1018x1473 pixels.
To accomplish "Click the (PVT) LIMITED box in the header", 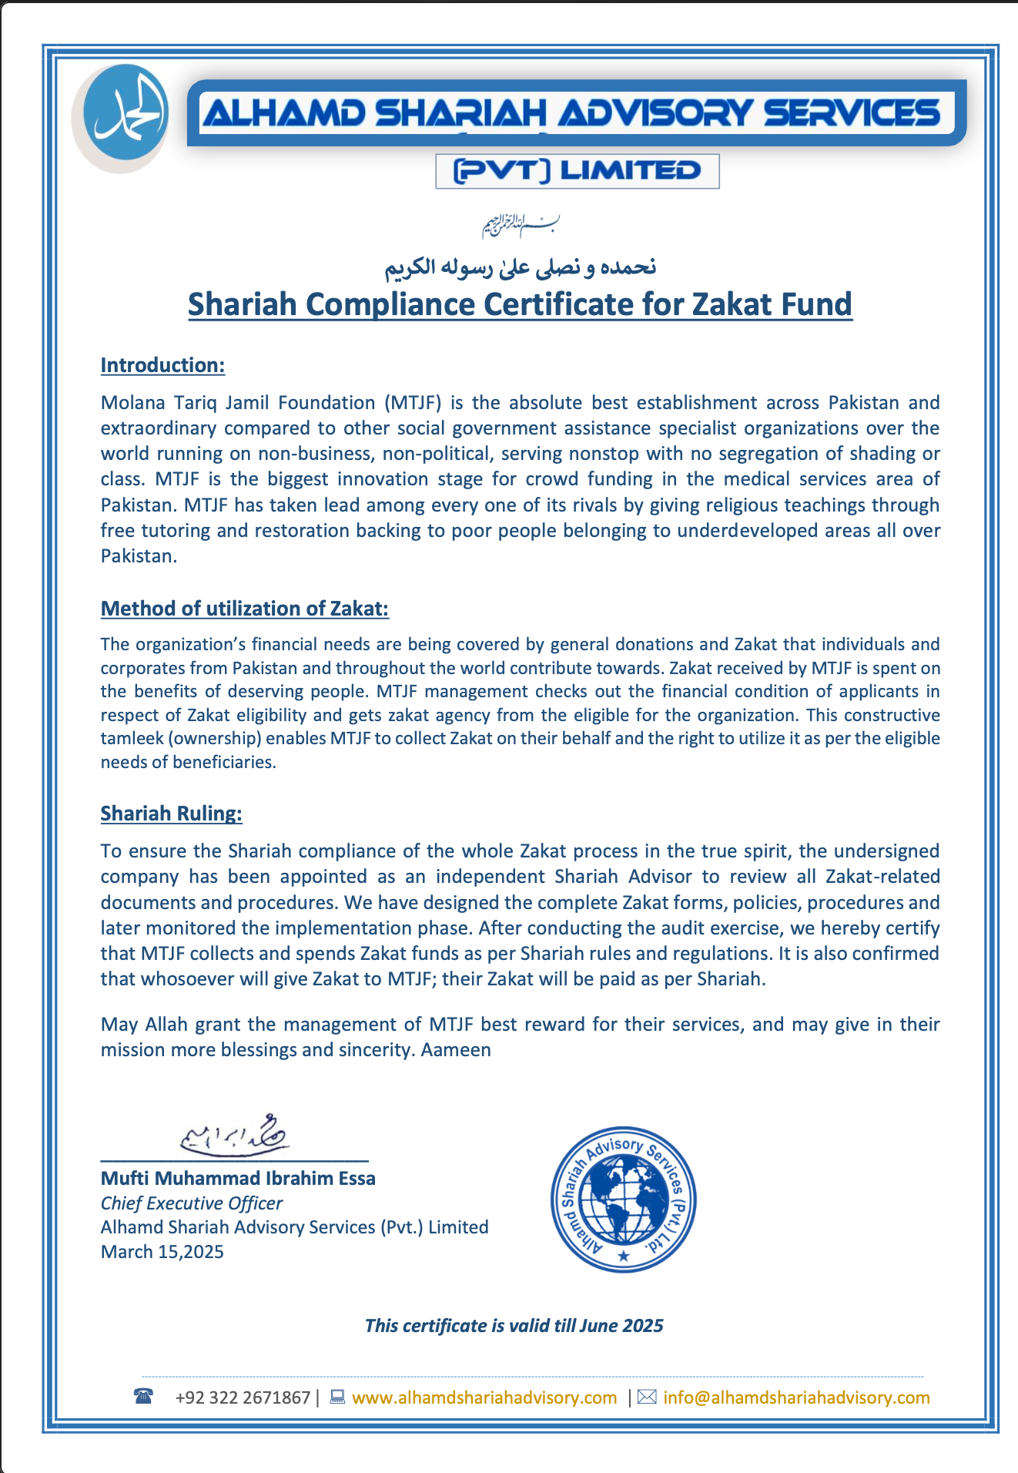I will [x=577, y=171].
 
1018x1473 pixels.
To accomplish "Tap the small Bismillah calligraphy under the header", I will [x=521, y=224].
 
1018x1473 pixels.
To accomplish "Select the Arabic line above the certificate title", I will [x=521, y=267].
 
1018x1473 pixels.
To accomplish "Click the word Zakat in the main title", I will [x=732, y=304].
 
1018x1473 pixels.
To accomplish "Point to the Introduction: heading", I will [x=162, y=365].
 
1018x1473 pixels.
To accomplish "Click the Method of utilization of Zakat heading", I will [x=245, y=609].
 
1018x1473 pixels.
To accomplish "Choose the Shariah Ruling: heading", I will [x=171, y=814].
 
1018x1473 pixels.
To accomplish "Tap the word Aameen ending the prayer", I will [x=456, y=1050].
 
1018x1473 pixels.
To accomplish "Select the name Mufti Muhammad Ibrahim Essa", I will [x=238, y=1178].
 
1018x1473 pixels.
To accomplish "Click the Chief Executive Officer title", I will [x=192, y=1203].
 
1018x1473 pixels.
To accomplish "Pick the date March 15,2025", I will [x=162, y=1252].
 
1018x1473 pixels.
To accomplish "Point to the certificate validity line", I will [x=514, y=1326].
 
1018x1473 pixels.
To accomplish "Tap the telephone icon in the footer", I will [x=143, y=1396].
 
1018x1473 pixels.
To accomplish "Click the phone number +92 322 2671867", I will [x=243, y=1398].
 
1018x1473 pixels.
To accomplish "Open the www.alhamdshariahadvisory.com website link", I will [x=484, y=1398].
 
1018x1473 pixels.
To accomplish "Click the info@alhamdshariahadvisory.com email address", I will [x=796, y=1398].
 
